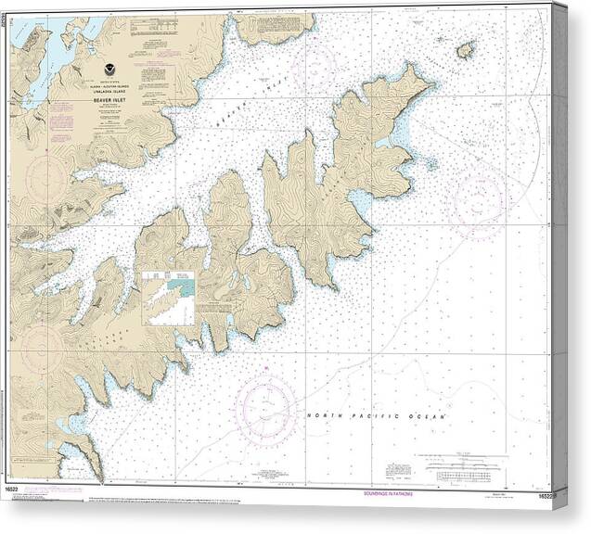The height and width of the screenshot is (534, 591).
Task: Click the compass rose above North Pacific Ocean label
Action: pos(266,408)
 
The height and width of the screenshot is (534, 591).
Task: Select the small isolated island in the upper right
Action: pos(466,49)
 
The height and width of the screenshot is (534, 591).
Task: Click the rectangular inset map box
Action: pos(169,298)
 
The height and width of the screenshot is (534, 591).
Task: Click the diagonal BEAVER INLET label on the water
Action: pos(227,116)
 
